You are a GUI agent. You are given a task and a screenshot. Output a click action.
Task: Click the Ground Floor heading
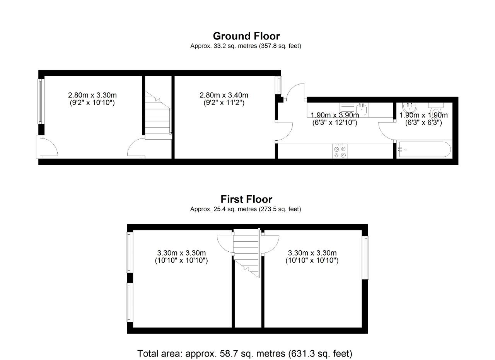246,36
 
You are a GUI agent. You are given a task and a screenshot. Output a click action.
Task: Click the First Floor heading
246,200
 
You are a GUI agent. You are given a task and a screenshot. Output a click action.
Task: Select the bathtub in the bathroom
424,149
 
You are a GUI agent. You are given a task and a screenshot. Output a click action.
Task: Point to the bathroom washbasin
410,107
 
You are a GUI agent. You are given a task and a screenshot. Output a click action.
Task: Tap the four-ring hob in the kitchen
340,151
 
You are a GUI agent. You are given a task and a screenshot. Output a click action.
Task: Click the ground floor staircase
158,115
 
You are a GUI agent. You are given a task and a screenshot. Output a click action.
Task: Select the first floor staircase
247,253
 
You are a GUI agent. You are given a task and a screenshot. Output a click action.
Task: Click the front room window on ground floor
41,101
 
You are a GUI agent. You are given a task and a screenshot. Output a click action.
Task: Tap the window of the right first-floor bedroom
365,258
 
